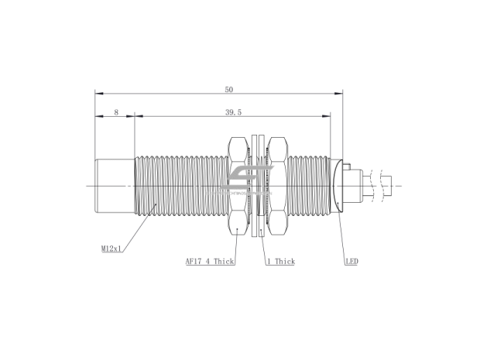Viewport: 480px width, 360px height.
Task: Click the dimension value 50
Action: point(228,89)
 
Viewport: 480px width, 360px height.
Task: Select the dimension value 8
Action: point(116,112)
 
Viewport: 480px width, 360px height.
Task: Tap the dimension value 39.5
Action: point(233,112)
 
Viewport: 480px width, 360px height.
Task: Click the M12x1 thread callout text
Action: point(111,249)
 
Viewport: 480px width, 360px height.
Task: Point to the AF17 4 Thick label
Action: point(210,262)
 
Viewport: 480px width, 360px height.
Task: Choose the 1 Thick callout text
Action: point(281,262)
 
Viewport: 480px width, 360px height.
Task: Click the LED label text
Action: point(351,262)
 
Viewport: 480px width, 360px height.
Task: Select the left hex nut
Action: point(238,186)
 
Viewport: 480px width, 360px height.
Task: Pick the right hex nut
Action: point(278,186)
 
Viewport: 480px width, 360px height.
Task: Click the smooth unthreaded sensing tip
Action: point(115,186)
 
